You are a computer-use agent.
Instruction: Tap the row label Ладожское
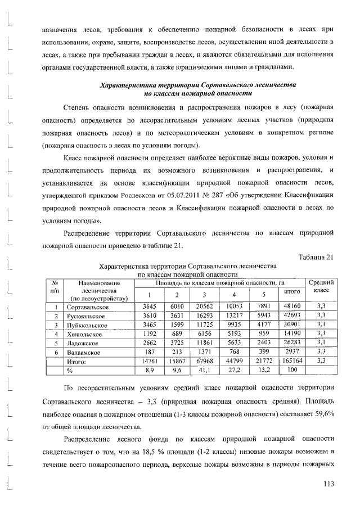point(83,342)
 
